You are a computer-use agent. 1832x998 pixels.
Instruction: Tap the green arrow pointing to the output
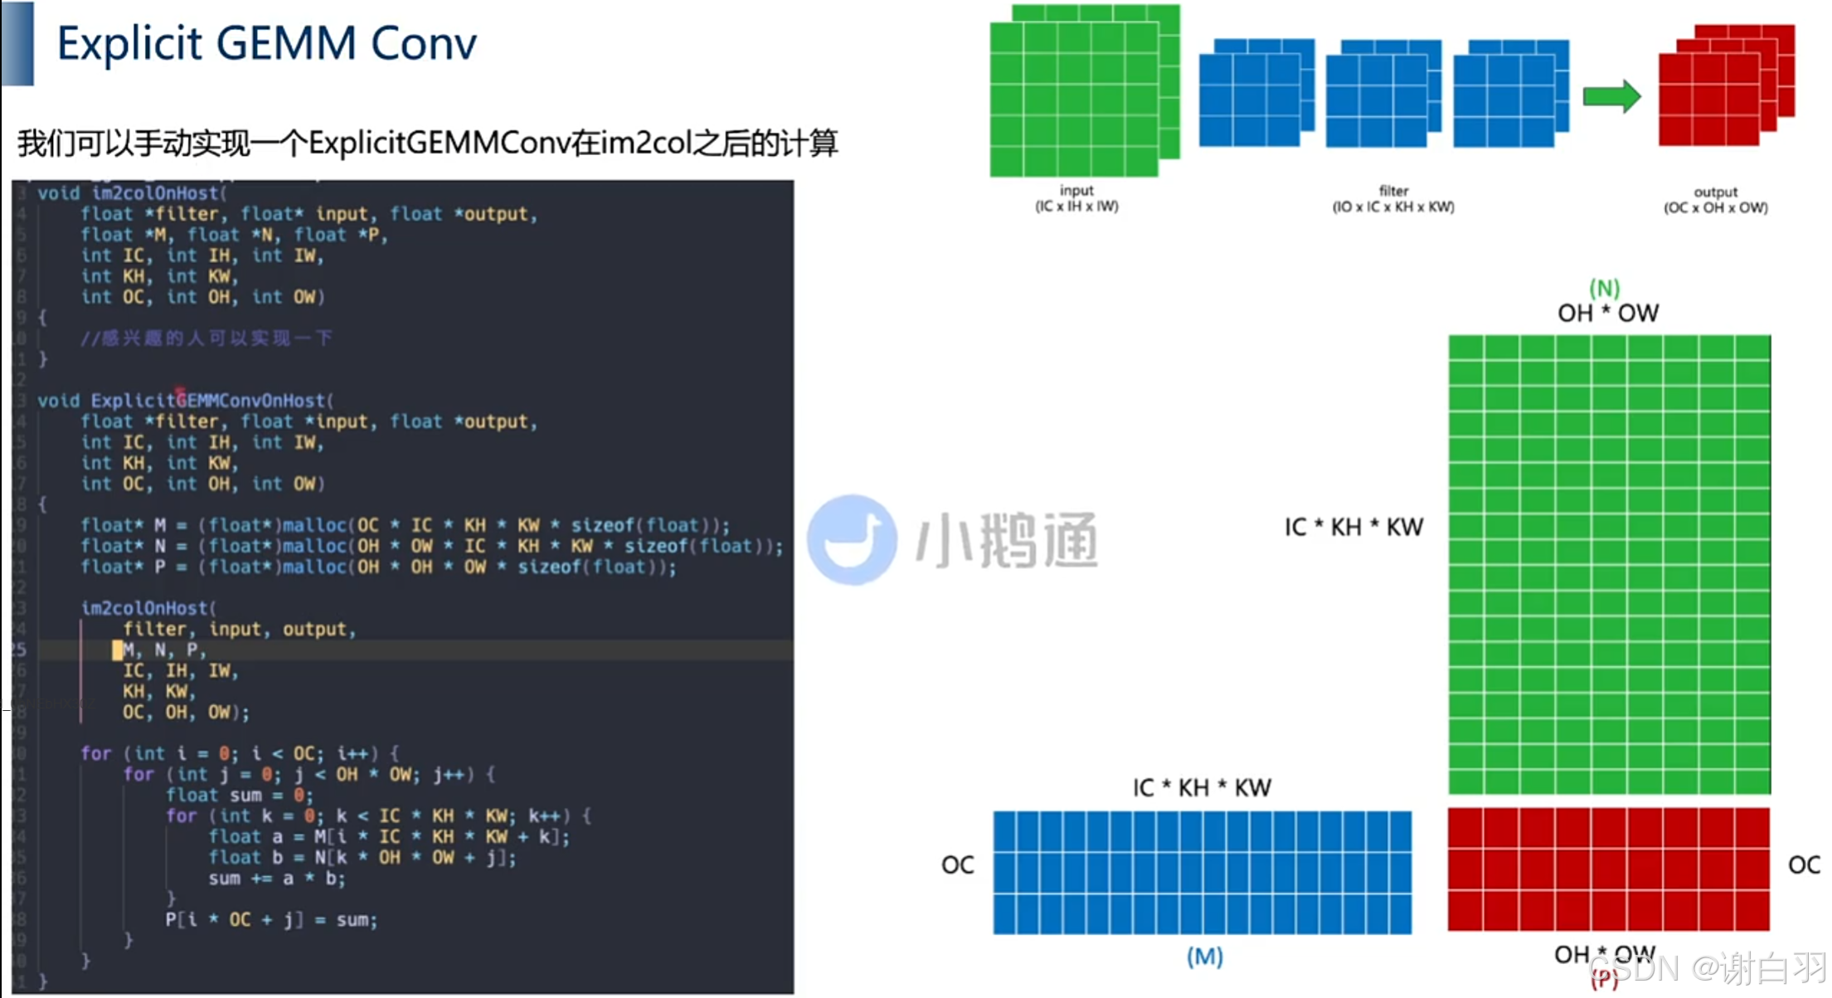(x=1611, y=96)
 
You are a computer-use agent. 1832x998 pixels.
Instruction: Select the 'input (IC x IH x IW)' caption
(x=1076, y=199)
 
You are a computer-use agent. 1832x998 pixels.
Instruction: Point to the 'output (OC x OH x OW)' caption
(x=1715, y=200)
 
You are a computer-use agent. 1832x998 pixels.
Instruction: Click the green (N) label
(x=1605, y=288)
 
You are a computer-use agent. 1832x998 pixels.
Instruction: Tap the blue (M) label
(x=1204, y=957)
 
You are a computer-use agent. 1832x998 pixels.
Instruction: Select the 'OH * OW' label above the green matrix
(x=1608, y=313)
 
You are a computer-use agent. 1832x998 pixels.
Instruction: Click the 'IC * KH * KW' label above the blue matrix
(x=1202, y=787)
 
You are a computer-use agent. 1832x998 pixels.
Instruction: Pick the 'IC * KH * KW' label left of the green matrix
(x=1353, y=527)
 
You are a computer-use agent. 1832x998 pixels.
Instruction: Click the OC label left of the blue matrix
(x=957, y=865)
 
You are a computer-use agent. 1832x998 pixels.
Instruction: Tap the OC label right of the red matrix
(x=1804, y=865)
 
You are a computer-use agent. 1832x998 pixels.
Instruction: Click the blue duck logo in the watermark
(x=852, y=540)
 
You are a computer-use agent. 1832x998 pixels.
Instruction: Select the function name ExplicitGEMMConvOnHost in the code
(x=207, y=401)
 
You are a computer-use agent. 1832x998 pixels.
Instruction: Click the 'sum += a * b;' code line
(x=276, y=879)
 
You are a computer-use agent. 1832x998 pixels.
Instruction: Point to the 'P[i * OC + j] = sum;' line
(x=270, y=920)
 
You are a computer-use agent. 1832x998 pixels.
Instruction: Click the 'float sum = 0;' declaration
(x=240, y=796)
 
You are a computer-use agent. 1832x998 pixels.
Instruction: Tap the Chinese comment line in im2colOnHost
(x=206, y=338)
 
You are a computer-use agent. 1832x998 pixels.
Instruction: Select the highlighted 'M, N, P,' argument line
(x=162, y=650)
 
